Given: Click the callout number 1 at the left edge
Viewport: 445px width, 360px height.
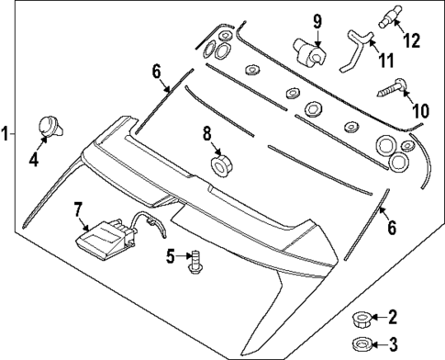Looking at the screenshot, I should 6,133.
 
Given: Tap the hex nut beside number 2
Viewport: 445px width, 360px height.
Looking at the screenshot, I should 360,319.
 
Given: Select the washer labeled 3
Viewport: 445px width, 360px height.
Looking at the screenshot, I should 360,344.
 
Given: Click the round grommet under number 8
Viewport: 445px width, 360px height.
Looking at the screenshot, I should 221,166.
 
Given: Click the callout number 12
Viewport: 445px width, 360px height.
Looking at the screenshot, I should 413,40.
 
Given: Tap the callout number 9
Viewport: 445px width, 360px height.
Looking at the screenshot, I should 317,19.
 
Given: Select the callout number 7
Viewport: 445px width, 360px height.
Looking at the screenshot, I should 78,208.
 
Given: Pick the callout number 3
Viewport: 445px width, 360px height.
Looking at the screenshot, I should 393,345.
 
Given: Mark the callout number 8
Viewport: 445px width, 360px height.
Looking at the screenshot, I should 207,134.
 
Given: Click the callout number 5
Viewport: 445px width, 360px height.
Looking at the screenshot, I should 170,256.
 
